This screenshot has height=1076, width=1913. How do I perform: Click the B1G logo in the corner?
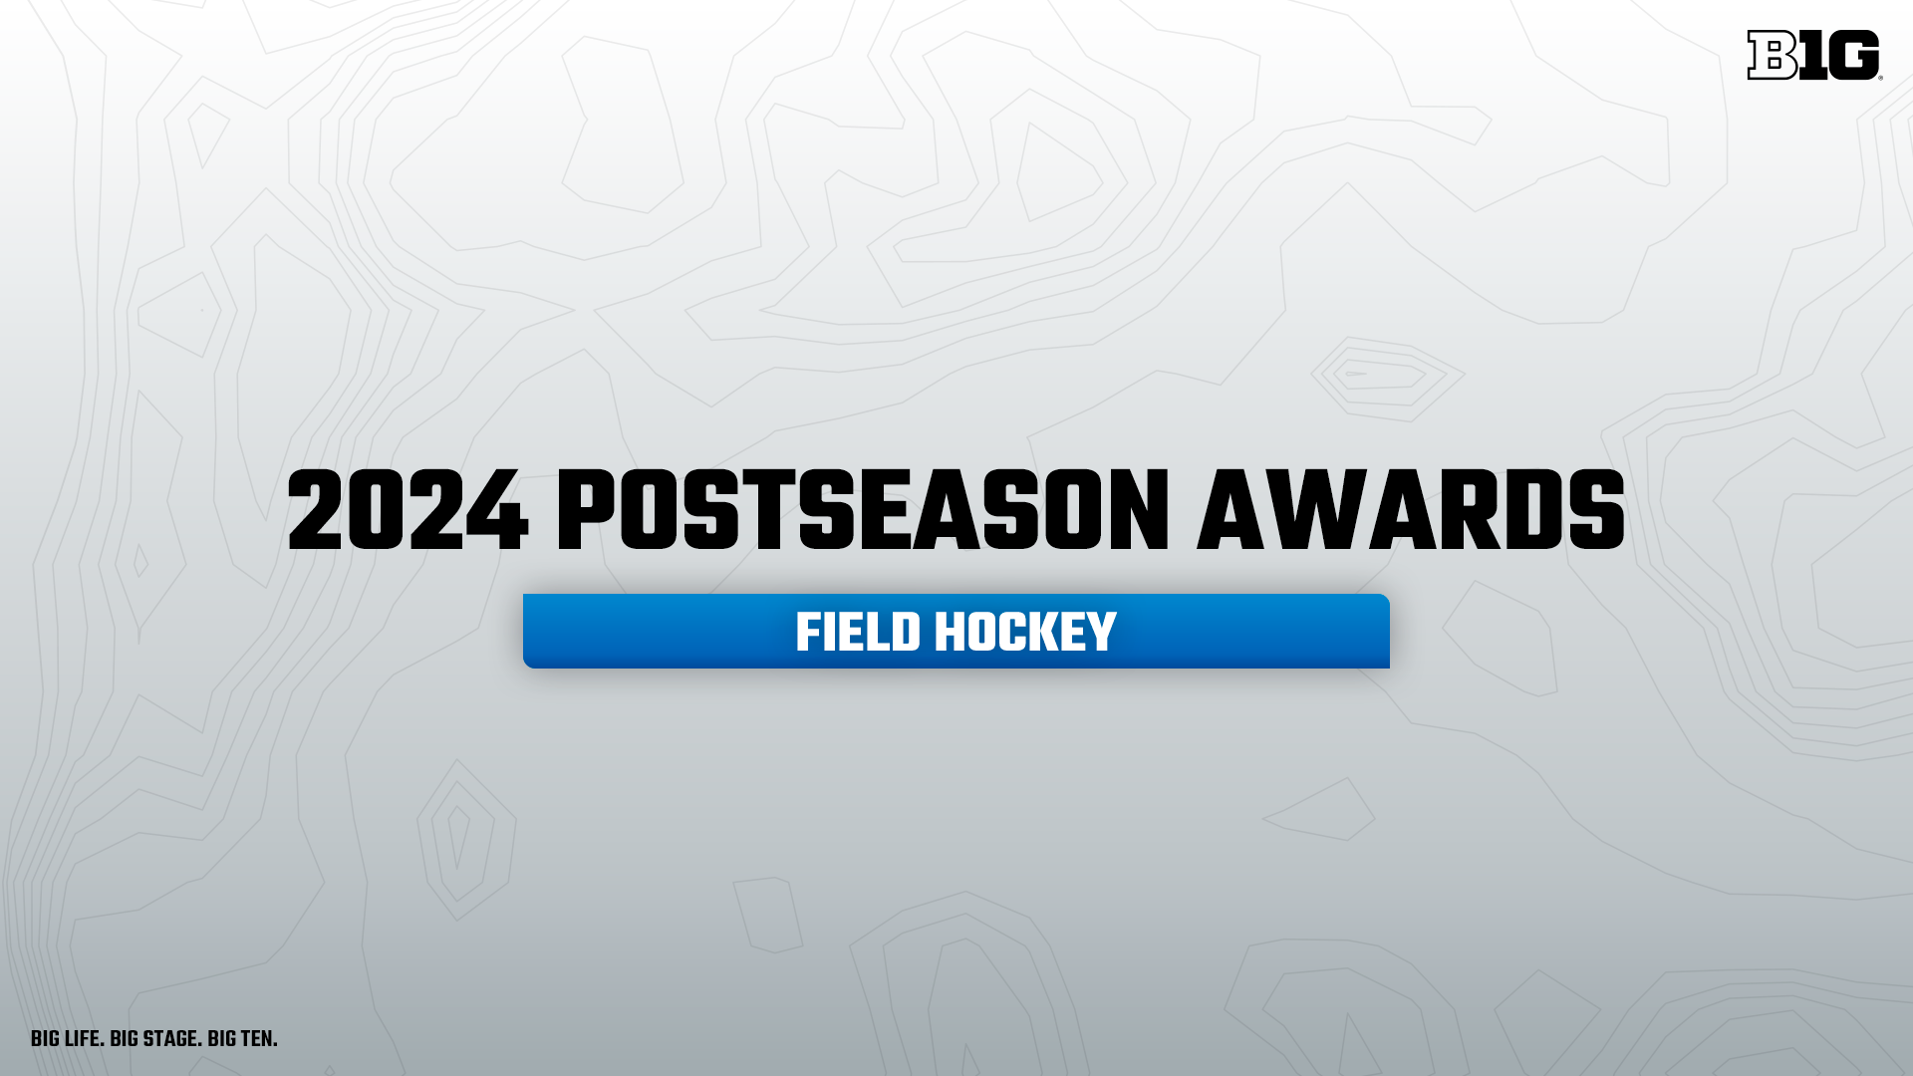(x=1813, y=55)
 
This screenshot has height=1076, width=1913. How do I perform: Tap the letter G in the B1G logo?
(x=1853, y=55)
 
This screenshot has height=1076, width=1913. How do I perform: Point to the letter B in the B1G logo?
(x=1773, y=55)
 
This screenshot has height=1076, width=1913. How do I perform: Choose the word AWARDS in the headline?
(x=1411, y=512)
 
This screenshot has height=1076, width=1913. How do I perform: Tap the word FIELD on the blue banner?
(x=858, y=633)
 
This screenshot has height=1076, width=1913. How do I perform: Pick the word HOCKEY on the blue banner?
(x=1025, y=633)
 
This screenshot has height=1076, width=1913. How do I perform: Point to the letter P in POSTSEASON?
(x=586, y=512)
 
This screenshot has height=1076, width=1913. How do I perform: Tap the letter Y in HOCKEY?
(x=1101, y=633)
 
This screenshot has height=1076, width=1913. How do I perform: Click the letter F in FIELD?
(x=808, y=633)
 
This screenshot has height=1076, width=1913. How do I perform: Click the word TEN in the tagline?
(x=258, y=1039)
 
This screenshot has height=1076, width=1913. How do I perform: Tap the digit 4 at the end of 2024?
(x=496, y=512)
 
